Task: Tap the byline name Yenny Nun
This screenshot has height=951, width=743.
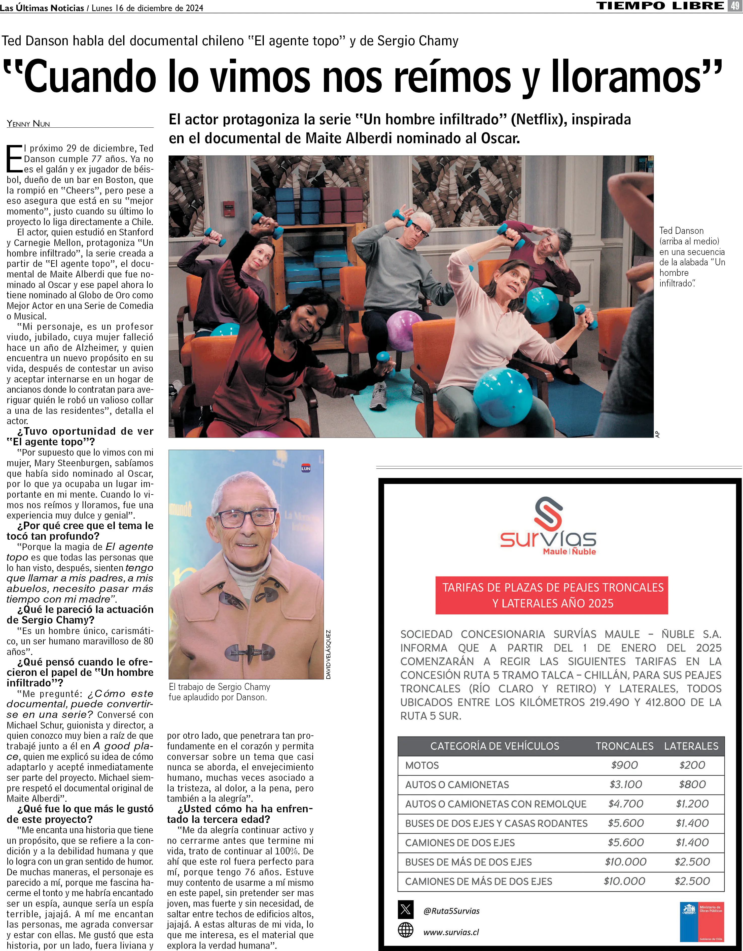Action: click(28, 124)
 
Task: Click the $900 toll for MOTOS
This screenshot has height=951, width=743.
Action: click(625, 765)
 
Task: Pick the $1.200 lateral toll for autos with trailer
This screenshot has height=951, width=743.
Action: click(692, 804)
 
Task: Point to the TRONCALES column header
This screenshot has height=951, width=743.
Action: click(625, 746)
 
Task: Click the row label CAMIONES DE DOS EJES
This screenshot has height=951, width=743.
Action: click(460, 843)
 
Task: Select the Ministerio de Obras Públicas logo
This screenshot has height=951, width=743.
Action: click(702, 922)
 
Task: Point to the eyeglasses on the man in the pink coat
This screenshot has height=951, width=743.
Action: click(246, 518)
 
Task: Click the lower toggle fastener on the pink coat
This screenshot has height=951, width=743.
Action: click(250, 652)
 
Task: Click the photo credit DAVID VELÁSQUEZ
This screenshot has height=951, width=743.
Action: click(328, 654)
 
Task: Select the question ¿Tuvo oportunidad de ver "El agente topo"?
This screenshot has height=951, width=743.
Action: click(80, 436)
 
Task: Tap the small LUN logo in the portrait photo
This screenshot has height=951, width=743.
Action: click(306, 468)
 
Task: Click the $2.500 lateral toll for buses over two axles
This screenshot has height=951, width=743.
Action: click(692, 862)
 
